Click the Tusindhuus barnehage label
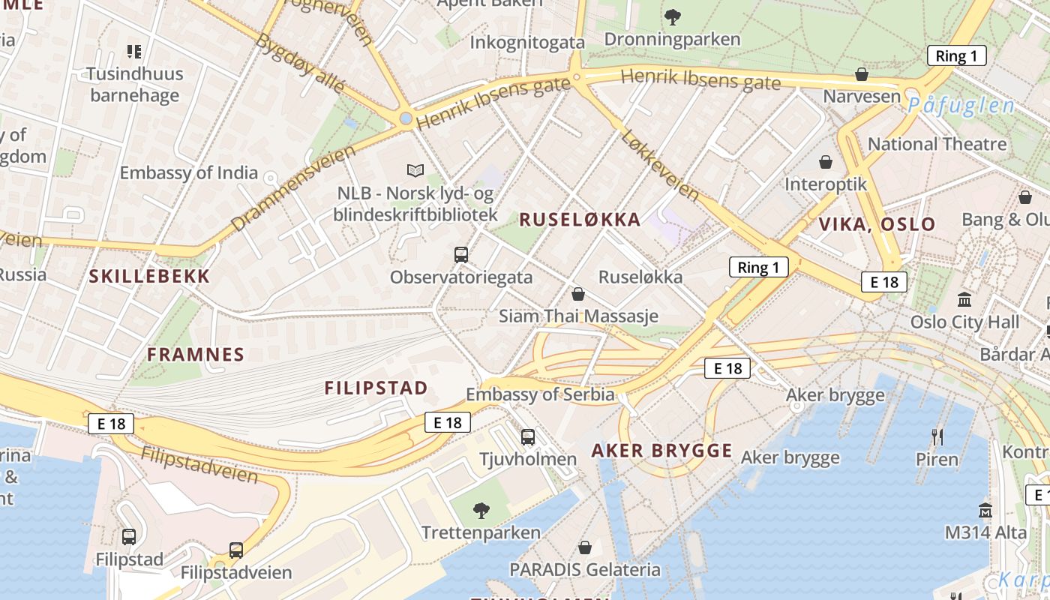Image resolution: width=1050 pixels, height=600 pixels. (x=133, y=85)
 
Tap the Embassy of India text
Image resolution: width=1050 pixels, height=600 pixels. (x=188, y=172)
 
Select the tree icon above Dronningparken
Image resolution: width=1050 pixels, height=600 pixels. (x=673, y=16)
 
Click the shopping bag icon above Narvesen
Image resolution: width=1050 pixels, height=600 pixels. (x=862, y=74)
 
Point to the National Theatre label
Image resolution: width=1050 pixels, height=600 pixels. (x=937, y=144)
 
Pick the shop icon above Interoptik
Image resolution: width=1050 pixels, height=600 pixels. (x=826, y=162)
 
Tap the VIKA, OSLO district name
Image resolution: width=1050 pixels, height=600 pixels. (x=877, y=224)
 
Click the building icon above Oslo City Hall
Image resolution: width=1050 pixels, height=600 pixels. (x=964, y=300)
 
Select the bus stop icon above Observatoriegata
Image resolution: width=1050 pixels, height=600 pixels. (x=461, y=255)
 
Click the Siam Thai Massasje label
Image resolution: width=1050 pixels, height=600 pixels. (x=578, y=316)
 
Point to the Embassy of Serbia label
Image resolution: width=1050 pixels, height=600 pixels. (x=540, y=394)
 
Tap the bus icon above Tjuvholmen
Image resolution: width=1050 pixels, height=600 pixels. (x=528, y=436)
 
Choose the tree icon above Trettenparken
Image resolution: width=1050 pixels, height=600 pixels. (x=481, y=511)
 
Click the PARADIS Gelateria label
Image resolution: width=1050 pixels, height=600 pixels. (x=585, y=569)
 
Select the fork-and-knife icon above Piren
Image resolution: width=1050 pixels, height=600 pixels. (x=937, y=436)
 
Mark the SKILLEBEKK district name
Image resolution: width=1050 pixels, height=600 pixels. (x=150, y=276)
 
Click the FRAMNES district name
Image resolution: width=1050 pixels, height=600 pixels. (x=196, y=355)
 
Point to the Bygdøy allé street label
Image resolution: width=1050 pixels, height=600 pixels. (x=300, y=63)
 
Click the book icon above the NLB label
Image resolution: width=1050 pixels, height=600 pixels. (x=415, y=170)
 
